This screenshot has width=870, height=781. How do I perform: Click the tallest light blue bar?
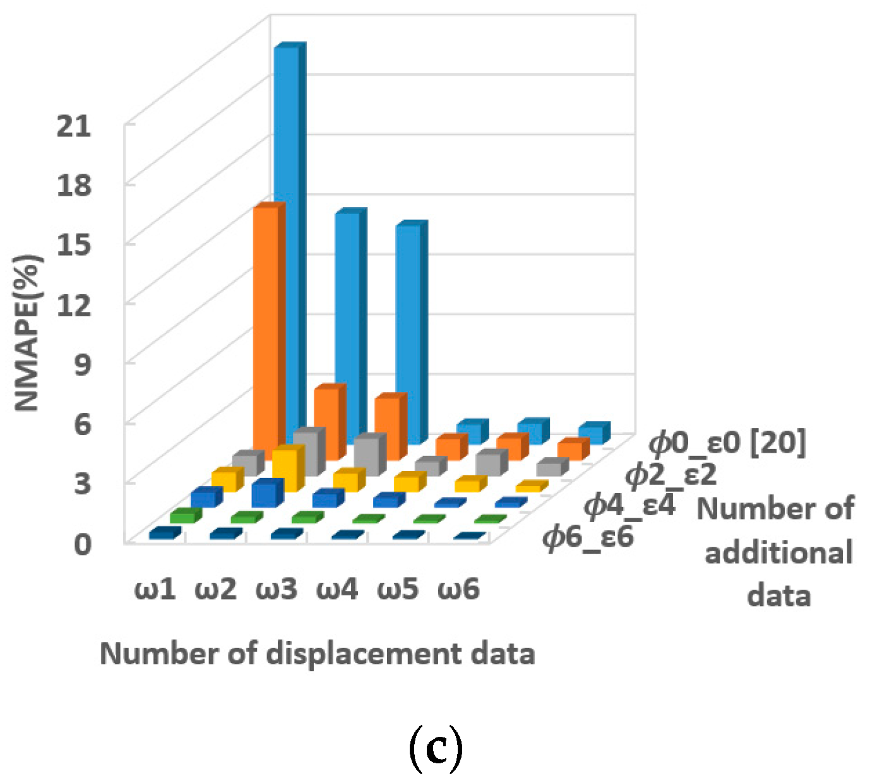(286, 240)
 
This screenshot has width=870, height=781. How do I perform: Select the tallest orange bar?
(266, 328)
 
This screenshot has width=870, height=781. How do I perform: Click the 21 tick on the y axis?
(74, 126)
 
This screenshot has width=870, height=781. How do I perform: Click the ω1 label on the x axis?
(155, 590)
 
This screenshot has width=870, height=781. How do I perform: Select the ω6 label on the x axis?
(459, 590)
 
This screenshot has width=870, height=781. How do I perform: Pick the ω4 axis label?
(337, 590)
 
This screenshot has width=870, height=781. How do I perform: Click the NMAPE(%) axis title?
(28, 333)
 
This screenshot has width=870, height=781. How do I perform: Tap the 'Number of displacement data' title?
(317, 653)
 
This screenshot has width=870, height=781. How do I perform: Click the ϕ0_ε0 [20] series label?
(727, 444)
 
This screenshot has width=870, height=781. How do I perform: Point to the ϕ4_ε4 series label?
(629, 506)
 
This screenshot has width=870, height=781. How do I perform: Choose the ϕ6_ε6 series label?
(588, 538)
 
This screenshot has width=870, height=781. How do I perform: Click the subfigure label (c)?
(436, 749)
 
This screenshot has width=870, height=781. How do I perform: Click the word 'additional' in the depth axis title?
(778, 553)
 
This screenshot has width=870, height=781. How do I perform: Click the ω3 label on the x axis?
(277, 590)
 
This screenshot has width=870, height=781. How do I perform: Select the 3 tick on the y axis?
(83, 484)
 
